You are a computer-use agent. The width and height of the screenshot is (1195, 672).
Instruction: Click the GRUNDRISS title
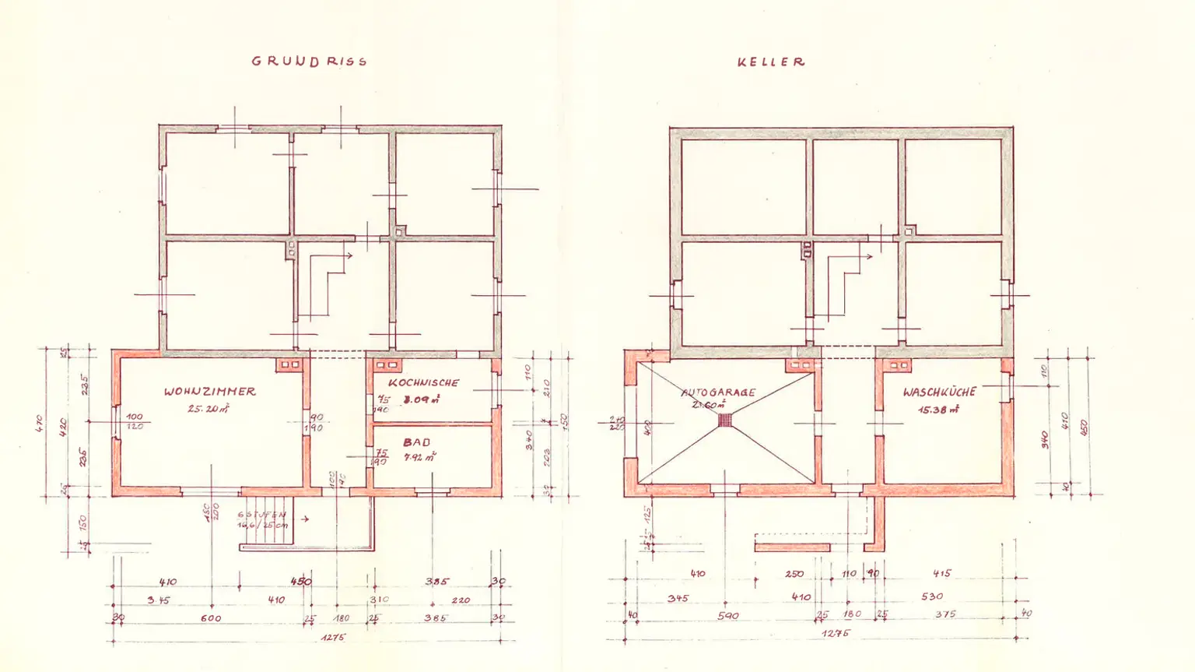pos(309,62)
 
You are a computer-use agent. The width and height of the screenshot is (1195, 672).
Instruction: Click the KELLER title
pos(770,62)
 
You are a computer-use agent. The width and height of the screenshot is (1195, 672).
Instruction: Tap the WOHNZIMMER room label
pos(209,392)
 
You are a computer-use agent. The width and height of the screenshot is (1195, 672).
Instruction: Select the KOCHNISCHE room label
pos(423,383)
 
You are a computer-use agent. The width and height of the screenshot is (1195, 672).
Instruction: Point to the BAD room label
pos(416,442)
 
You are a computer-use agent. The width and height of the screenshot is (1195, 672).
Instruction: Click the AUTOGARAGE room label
pos(717,392)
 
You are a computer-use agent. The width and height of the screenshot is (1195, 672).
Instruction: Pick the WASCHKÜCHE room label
pos(939,392)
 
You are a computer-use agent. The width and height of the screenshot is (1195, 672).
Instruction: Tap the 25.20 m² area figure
pos(208,408)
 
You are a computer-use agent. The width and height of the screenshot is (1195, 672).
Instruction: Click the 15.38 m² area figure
pos(938,409)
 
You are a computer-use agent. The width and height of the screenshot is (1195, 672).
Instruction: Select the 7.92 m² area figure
pos(419,457)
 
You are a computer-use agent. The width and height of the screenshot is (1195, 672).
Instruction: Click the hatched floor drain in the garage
pos(724,420)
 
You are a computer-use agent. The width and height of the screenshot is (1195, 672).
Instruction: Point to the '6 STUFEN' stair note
pos(261,515)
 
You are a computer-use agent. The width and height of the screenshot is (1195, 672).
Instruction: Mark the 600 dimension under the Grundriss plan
pos(211,618)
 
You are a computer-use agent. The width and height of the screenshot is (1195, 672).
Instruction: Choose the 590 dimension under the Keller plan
pos(727,616)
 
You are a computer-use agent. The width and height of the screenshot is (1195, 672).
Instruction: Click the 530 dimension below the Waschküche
pos(931,596)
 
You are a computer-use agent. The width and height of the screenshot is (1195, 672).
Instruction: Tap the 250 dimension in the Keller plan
pos(794,574)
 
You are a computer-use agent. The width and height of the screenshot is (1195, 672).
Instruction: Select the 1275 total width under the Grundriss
pos(333,637)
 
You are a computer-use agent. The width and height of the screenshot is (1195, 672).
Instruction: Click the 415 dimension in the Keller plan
pos(941,573)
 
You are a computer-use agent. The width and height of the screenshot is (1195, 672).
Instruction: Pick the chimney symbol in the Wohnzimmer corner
pos(289,364)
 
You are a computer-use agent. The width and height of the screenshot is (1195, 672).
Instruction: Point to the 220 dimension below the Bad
pos(461,600)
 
